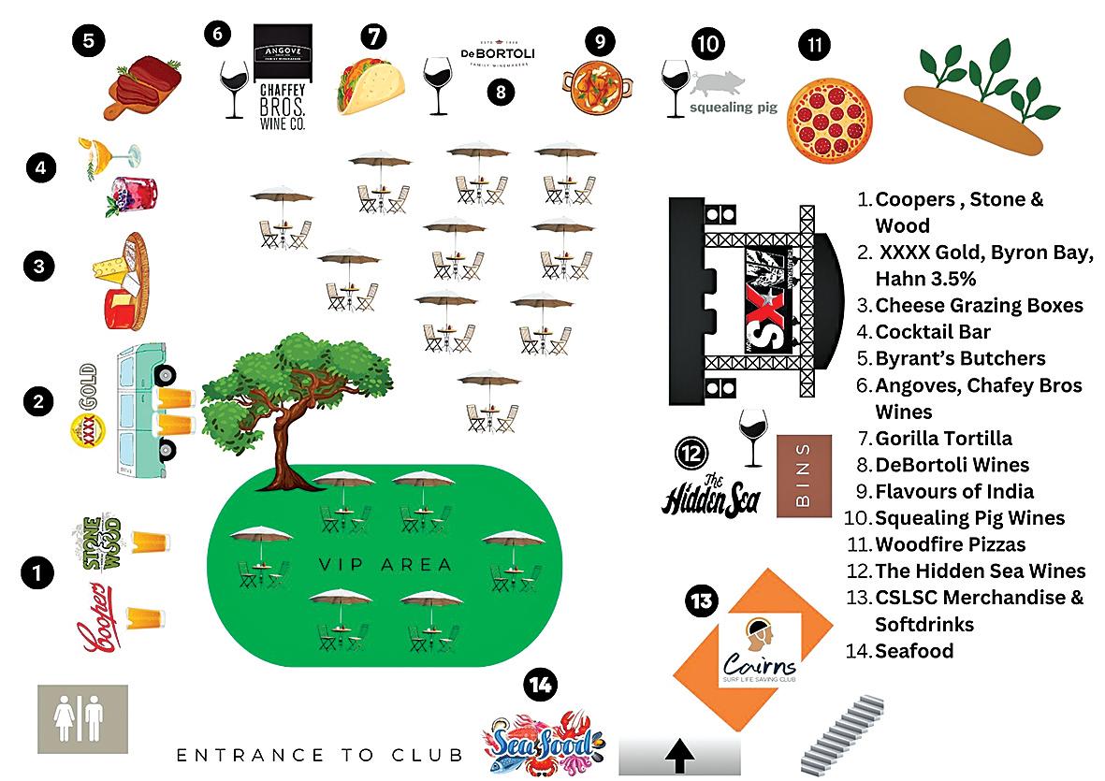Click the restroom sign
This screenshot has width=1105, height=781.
click(x=82, y=718)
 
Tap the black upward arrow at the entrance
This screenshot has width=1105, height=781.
click(x=678, y=755)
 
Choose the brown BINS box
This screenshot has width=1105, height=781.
click(x=803, y=475)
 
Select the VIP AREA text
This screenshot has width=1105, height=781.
click(x=385, y=564)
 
